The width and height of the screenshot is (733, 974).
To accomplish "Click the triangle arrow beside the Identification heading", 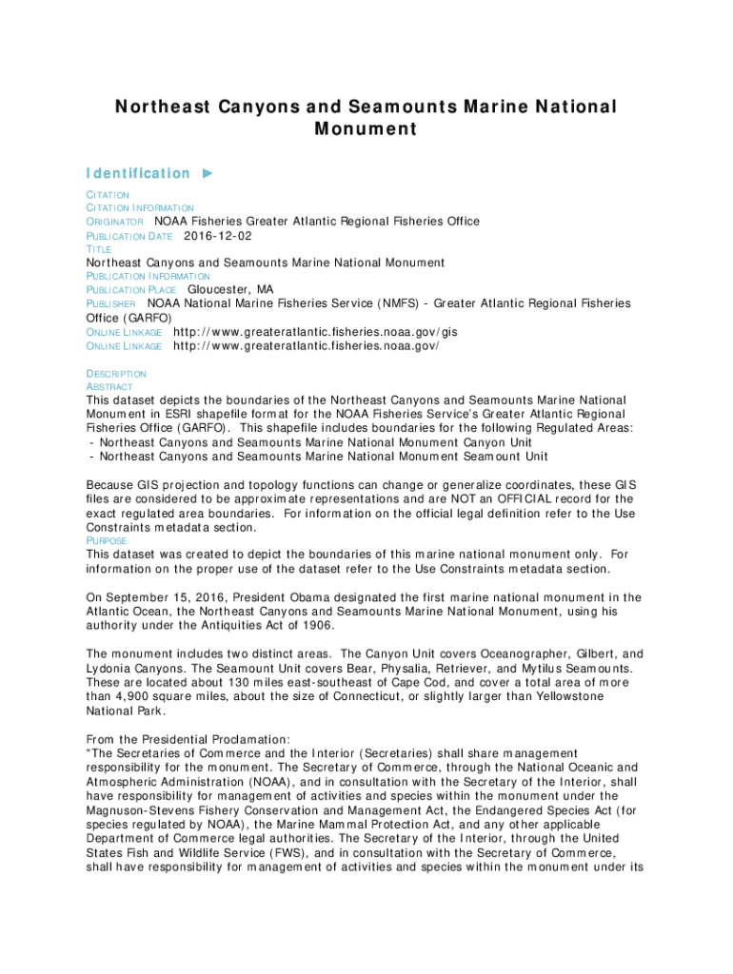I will [x=208, y=173].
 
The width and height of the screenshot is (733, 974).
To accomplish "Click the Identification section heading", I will [x=138, y=173].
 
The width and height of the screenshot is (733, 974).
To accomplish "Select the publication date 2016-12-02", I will [x=218, y=235].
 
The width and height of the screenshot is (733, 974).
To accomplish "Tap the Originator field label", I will [x=115, y=222].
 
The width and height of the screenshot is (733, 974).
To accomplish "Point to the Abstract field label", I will [x=103, y=388].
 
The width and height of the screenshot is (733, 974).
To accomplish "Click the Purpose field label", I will [x=107, y=540].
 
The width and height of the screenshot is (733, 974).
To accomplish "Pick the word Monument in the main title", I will [x=366, y=129].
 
